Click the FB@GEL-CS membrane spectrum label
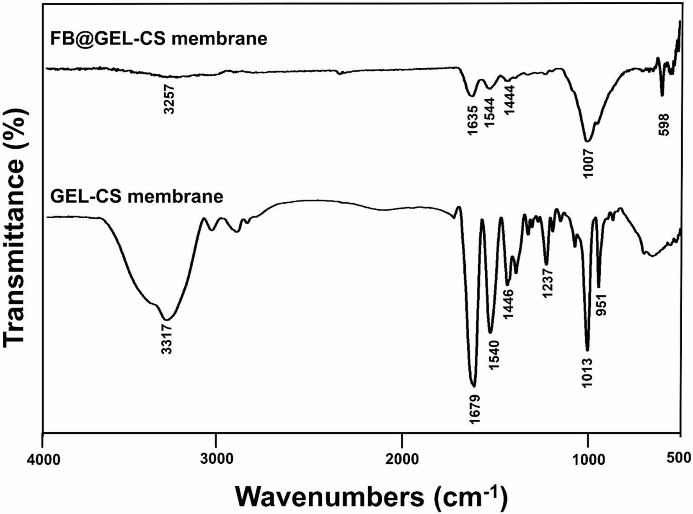point(158,39)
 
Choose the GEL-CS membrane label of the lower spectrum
point(137,196)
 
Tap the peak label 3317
point(167,340)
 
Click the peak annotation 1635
point(472,121)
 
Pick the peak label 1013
point(587,373)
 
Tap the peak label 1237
point(548,284)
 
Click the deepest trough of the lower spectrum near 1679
point(473,386)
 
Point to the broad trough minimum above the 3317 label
point(167,320)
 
